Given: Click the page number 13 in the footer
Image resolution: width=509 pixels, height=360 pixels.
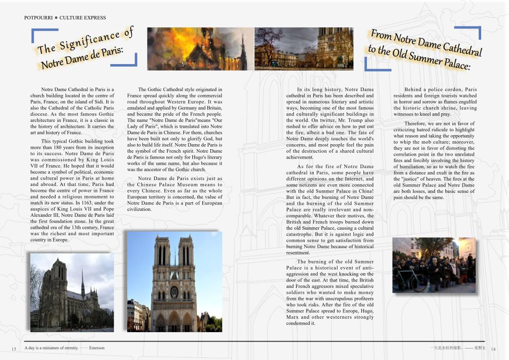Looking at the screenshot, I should [x=14, y=348].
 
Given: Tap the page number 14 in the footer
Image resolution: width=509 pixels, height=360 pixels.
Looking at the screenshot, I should [x=493, y=348].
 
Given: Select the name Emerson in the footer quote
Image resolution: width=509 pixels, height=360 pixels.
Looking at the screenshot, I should [x=97, y=348].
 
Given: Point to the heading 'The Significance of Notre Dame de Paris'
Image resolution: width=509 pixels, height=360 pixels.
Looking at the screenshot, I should [x=85, y=49].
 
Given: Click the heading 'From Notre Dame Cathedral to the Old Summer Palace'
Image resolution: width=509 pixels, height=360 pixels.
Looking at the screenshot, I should [x=425, y=50].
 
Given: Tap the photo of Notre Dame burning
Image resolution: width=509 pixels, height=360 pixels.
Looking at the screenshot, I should [x=200, y=48].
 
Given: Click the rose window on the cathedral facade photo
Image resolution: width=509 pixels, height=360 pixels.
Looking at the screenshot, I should [x=174, y=291].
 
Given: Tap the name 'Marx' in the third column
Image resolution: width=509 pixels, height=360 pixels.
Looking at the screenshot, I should [x=293, y=317].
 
